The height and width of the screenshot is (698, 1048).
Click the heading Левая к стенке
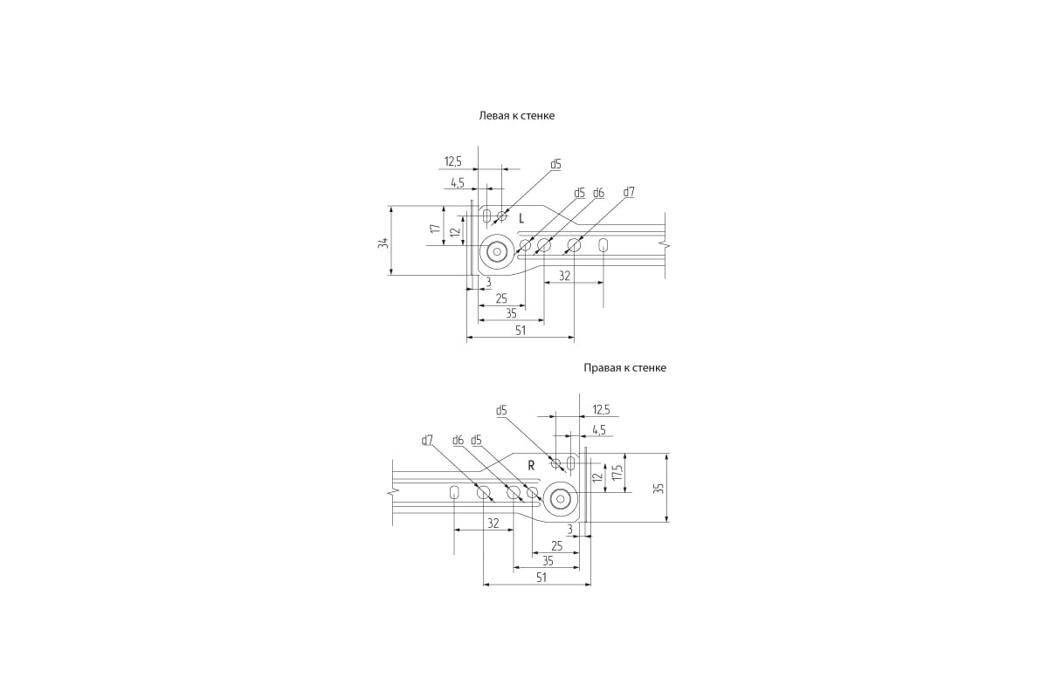tap(516, 115)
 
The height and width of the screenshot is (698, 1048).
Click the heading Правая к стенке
tap(624, 368)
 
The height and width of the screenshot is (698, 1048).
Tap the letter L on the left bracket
tap(521, 218)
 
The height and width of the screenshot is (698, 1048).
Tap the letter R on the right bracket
tap(531, 466)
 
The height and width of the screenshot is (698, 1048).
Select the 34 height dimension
tap(383, 243)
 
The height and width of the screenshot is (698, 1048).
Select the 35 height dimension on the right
tap(658, 488)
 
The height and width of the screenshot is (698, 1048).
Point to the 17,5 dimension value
tap(617, 472)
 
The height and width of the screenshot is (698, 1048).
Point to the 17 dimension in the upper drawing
tap(436, 229)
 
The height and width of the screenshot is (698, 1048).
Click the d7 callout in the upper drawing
tap(629, 192)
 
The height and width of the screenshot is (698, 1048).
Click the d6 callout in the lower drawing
tap(458, 440)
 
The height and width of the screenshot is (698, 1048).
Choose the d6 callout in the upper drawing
tap(598, 193)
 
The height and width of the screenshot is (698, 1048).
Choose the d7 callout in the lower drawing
tap(427, 440)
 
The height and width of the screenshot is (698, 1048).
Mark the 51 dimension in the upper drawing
tap(521, 331)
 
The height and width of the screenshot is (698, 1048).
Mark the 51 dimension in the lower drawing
tap(541, 578)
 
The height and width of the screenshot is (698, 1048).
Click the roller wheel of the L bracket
tap(497, 252)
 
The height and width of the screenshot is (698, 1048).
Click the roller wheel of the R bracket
tap(560, 499)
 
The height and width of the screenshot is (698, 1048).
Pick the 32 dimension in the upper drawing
tap(565, 276)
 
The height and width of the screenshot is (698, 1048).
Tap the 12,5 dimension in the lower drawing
tap(601, 410)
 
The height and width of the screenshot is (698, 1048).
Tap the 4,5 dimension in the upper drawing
tap(458, 183)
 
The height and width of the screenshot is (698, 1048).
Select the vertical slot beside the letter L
tap(487, 216)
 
